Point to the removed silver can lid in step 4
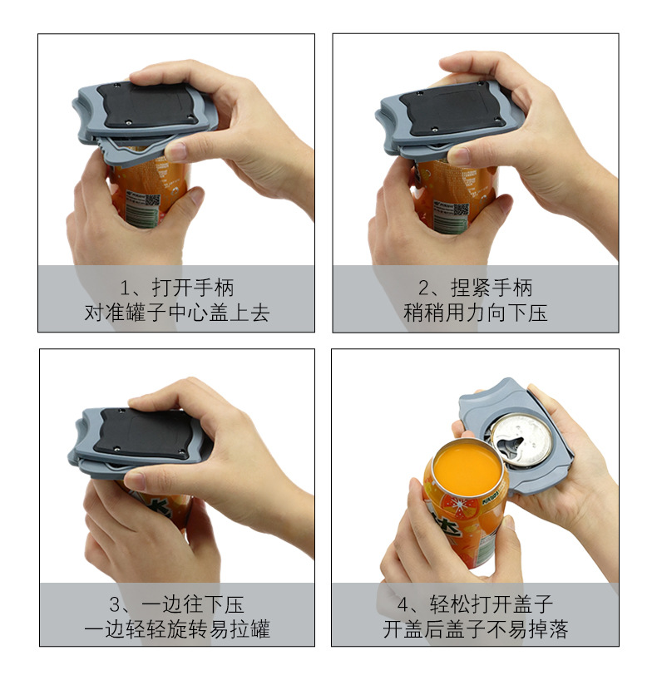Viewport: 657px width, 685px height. (x=521, y=439)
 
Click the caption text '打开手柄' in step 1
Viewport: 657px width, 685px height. (x=193, y=288)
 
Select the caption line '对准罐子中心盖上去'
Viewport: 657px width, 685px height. (x=176, y=313)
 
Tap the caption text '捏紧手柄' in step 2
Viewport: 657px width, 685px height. (x=492, y=288)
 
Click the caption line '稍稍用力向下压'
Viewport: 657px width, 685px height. (x=475, y=313)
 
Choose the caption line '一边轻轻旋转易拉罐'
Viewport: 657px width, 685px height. (x=176, y=629)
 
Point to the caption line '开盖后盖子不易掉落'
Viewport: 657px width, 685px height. (x=475, y=629)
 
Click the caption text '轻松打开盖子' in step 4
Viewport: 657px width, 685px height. (x=492, y=604)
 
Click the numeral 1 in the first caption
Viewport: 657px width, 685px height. (x=125, y=288)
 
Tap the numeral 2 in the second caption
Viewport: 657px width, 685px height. (x=424, y=288)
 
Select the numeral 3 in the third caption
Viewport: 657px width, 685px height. (x=115, y=605)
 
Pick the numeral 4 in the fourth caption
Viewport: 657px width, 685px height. (x=403, y=605)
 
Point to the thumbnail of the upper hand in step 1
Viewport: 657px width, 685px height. (x=176, y=151)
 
